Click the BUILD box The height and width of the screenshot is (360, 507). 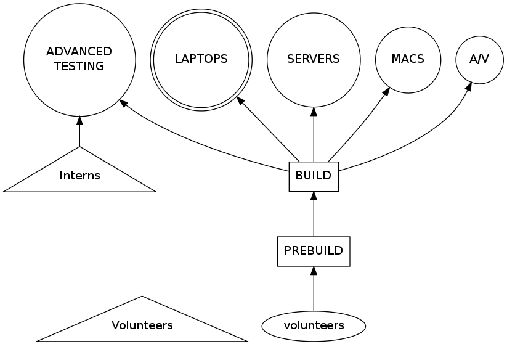(314, 176)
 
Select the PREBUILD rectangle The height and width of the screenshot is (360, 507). (314, 251)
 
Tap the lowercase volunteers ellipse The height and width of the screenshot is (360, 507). (314, 324)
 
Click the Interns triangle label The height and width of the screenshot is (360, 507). (79, 176)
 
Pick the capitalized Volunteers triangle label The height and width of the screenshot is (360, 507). (142, 325)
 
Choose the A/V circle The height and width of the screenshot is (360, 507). (479, 60)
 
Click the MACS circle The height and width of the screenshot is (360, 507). (408, 60)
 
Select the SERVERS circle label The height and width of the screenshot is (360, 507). (314, 60)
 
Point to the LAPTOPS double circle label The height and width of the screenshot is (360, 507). (201, 60)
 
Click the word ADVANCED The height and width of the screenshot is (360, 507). (79, 51)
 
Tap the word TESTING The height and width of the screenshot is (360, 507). (79, 67)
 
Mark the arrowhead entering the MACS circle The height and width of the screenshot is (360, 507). (387, 91)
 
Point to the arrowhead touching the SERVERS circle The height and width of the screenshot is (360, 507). (314, 111)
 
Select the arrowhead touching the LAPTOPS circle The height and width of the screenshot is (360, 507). (239, 99)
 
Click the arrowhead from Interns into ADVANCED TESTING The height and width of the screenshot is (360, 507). (79, 120)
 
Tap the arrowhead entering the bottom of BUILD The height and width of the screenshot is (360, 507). (314, 196)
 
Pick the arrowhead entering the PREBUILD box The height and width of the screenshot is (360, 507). (314, 271)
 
